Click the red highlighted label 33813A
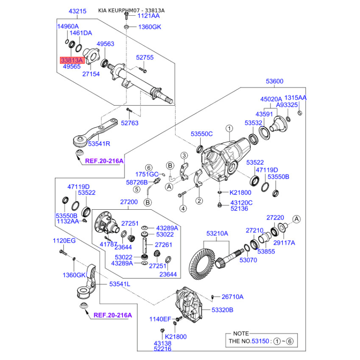coord(72,59)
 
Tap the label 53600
coord(274,81)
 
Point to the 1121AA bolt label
coord(148,16)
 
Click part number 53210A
coord(217,234)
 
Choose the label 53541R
coord(99,144)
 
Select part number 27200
coord(129,202)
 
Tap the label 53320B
coord(222,310)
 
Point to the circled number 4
coord(183,208)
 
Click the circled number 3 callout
coord(184,156)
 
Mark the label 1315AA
coord(296,98)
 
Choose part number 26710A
coord(232,297)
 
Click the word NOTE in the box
coord(241,333)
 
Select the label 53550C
coord(201,134)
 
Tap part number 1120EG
coord(64,241)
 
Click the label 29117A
coord(284,243)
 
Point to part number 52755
coord(145,58)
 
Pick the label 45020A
coord(271,99)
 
